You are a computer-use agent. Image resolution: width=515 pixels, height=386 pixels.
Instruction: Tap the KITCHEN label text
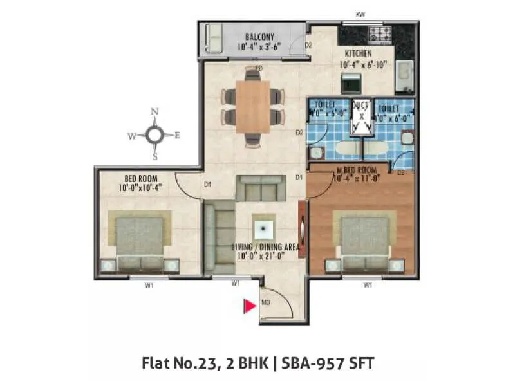[359, 54]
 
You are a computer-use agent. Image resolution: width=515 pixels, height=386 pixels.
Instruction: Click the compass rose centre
[154, 134]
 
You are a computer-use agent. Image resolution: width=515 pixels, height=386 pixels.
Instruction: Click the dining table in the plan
[252, 107]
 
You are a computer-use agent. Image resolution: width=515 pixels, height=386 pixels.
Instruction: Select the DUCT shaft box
[362, 116]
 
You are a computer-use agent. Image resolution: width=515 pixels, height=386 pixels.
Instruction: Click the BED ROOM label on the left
[142, 178]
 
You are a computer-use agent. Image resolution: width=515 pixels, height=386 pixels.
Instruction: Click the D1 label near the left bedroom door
[208, 185]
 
